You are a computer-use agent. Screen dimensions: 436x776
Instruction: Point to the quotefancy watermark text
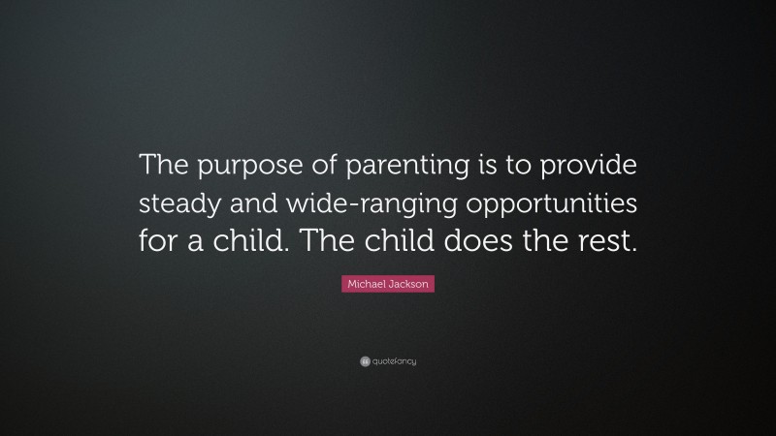(395, 361)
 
